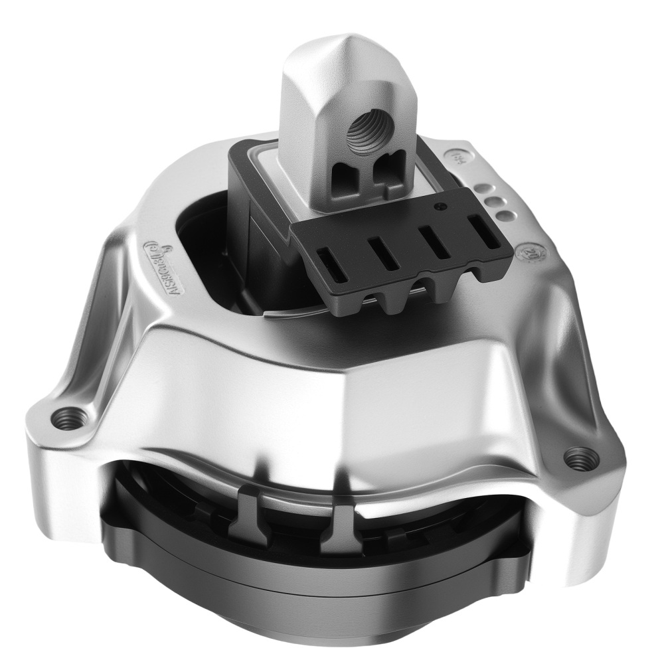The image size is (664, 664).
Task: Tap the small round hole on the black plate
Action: (439, 207)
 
